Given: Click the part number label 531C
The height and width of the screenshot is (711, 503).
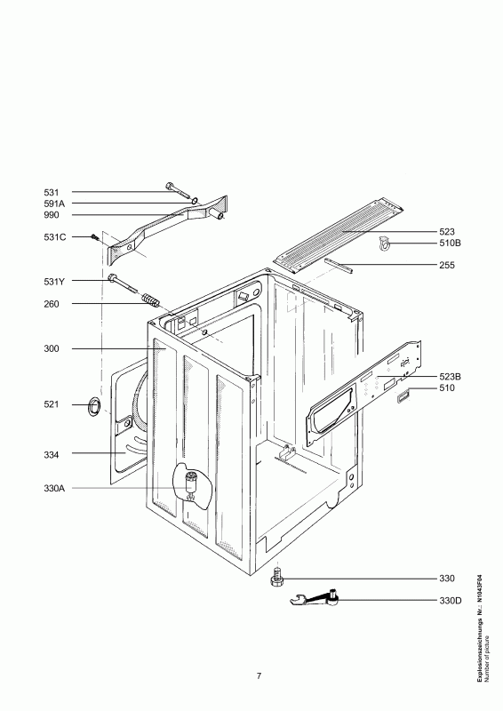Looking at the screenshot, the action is (54, 237).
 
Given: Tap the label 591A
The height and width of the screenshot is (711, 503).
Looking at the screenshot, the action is (54, 204).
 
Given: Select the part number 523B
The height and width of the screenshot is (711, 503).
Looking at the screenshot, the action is (450, 376).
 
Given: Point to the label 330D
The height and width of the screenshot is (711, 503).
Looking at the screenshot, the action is (450, 601).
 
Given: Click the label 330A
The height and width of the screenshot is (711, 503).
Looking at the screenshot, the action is (54, 488).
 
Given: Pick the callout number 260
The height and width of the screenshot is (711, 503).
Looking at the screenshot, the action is (52, 304).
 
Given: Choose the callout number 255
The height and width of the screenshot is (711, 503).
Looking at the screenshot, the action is (447, 265).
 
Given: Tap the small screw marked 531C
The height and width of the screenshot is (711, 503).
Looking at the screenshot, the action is (95, 237).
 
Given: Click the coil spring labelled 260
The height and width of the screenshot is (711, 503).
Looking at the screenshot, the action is (149, 300).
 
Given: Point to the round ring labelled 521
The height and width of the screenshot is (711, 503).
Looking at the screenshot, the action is (94, 406).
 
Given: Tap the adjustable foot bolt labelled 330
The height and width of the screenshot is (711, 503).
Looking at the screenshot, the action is (276, 577).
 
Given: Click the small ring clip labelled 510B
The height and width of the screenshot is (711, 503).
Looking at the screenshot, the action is (384, 244).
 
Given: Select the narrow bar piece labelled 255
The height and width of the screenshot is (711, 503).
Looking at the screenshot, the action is (339, 266).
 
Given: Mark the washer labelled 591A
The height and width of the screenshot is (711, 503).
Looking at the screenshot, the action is (195, 200).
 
